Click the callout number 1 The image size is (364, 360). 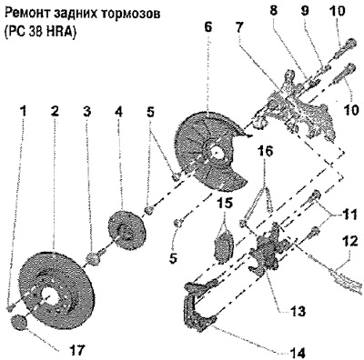pos(24,112)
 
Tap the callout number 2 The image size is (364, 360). pos(55,112)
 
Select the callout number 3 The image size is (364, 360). pos(87,112)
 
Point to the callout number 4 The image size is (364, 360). pos(118,112)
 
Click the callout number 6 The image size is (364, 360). pos(208,28)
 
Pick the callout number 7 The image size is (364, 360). pos(239,28)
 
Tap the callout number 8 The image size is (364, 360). pos(274,11)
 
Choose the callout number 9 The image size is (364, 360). pos(305,11)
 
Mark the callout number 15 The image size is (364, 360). pos(224,203)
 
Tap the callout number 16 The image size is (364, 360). pos(265,151)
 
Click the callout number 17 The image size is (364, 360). pos(73,349)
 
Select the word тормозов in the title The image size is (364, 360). pos(132,15)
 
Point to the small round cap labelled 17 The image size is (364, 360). pos(19,321)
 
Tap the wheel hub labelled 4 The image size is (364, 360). pos(127,231)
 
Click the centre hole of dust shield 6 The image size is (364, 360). pos(217,153)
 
